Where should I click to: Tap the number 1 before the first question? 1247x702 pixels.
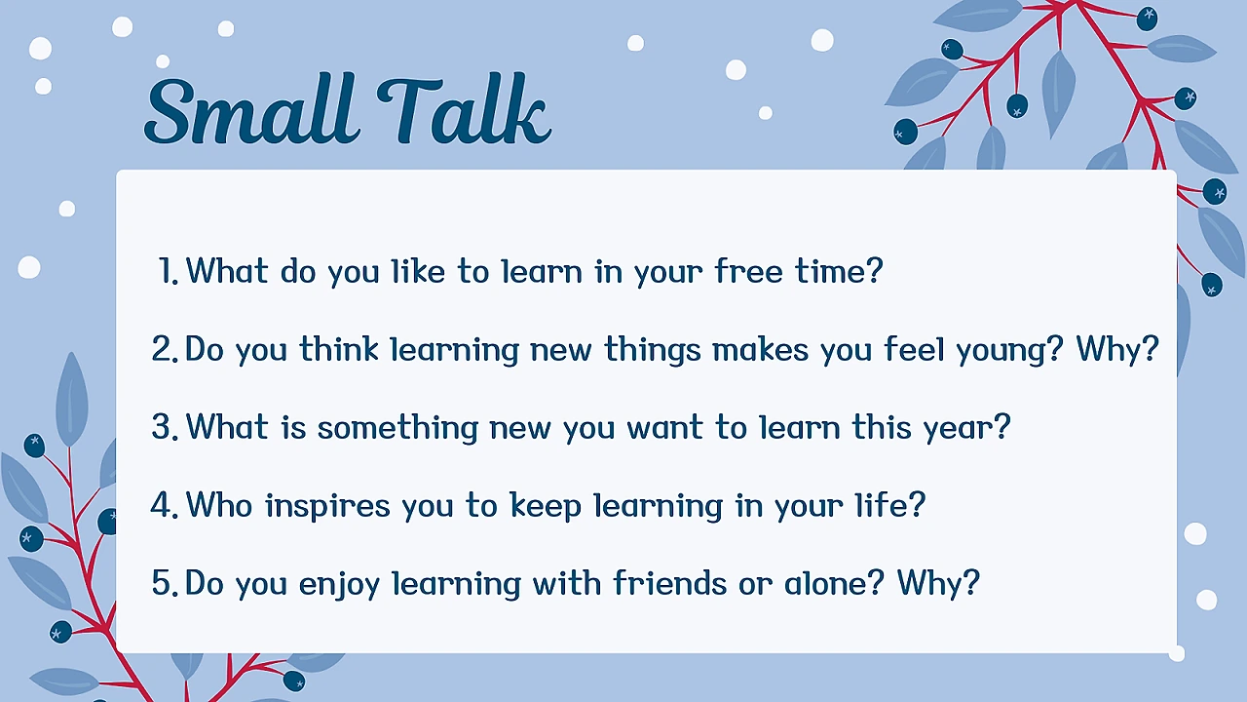point(168,271)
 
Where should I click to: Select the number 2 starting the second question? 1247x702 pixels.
point(165,349)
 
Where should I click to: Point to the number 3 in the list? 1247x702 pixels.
point(165,427)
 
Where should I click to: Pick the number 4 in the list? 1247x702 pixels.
point(165,505)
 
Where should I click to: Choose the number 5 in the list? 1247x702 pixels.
point(165,583)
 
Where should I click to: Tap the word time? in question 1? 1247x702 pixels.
point(839,271)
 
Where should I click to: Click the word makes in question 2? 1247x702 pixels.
point(760,349)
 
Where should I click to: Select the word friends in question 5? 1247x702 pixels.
point(670,583)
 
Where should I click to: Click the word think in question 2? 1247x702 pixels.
point(339,349)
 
